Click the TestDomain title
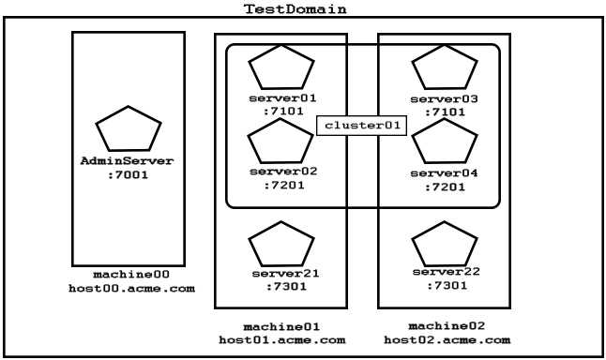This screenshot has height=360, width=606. coord(295,8)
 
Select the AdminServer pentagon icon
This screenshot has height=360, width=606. coord(129,130)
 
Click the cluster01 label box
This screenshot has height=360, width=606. coord(361,125)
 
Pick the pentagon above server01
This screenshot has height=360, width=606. coord(281,68)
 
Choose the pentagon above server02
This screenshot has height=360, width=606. coord(280,143)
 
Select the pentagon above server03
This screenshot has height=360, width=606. coord(445,68)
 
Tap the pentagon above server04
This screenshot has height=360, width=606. coord(445,143)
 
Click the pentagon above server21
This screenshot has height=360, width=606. coord(281,245)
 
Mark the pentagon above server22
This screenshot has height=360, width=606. coord(445,245)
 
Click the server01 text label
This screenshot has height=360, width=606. coord(282,97)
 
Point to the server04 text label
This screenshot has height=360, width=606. coord(445,173)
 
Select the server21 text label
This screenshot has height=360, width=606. coord(285,274)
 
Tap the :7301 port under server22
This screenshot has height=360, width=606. coord(447,285)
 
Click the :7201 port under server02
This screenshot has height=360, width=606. coord(282,186)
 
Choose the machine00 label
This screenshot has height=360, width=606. coord(131,275)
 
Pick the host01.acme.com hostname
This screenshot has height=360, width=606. coord(282,339)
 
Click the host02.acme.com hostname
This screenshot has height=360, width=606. coord(447,339)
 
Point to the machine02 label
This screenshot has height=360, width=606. coord(447,325)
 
